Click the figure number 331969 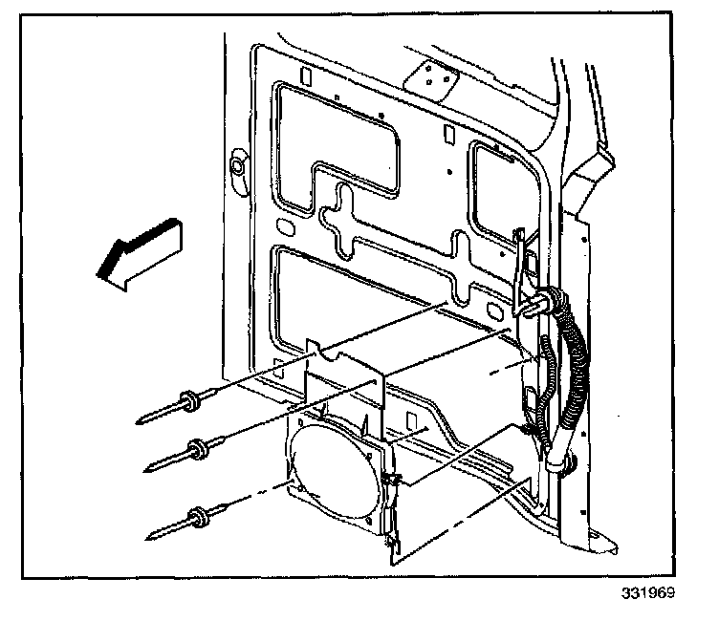648,592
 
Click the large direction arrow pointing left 139,252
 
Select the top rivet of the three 187,403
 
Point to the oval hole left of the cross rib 284,227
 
